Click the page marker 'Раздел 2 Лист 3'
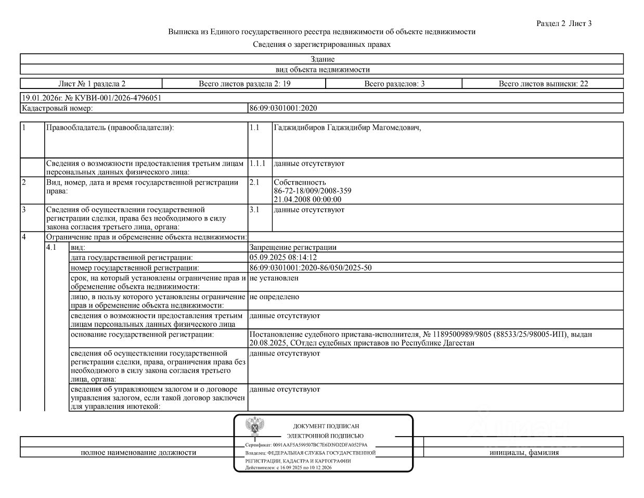564,23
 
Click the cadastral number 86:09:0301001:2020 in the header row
283,108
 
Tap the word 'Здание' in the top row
322,59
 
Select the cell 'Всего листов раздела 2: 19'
244,84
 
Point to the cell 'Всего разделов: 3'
394,84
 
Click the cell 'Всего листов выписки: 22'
543,84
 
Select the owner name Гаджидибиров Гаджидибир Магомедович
347,128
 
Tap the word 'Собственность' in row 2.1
300,183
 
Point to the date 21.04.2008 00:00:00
307,199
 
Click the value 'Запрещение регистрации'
293,248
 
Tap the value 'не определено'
274,297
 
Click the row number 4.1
51,248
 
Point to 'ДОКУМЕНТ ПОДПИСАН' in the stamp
326,426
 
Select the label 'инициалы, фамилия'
524,453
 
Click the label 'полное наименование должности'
138,453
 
